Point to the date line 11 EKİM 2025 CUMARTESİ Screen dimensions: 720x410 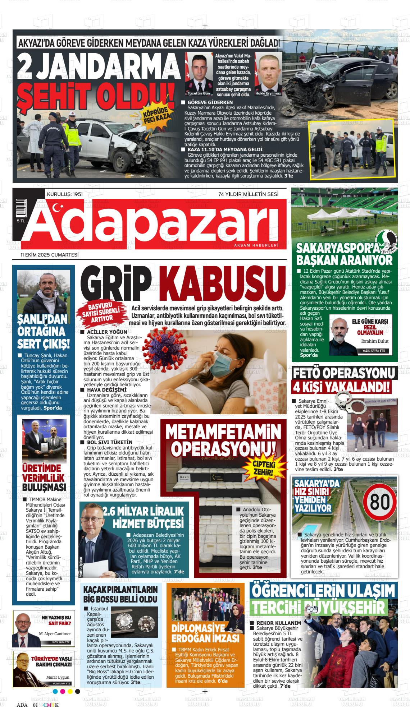tap(50, 255)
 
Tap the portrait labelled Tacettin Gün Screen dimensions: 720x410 tap(199, 74)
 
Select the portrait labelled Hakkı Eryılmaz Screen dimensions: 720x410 tap(268, 74)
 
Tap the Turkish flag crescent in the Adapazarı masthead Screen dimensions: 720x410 tap(56, 207)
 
